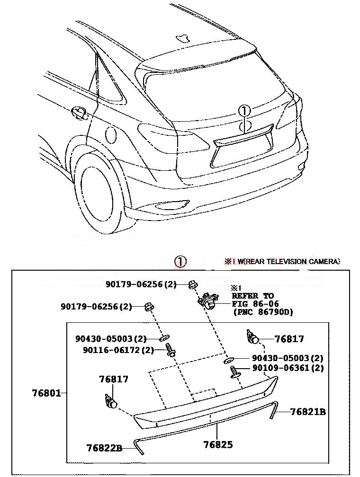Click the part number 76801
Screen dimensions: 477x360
[x=47, y=393]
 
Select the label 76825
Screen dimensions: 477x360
[x=218, y=444]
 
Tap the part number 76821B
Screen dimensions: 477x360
[x=308, y=412]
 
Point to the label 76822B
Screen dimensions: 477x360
[x=104, y=447]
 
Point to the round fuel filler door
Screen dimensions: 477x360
[x=110, y=134]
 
